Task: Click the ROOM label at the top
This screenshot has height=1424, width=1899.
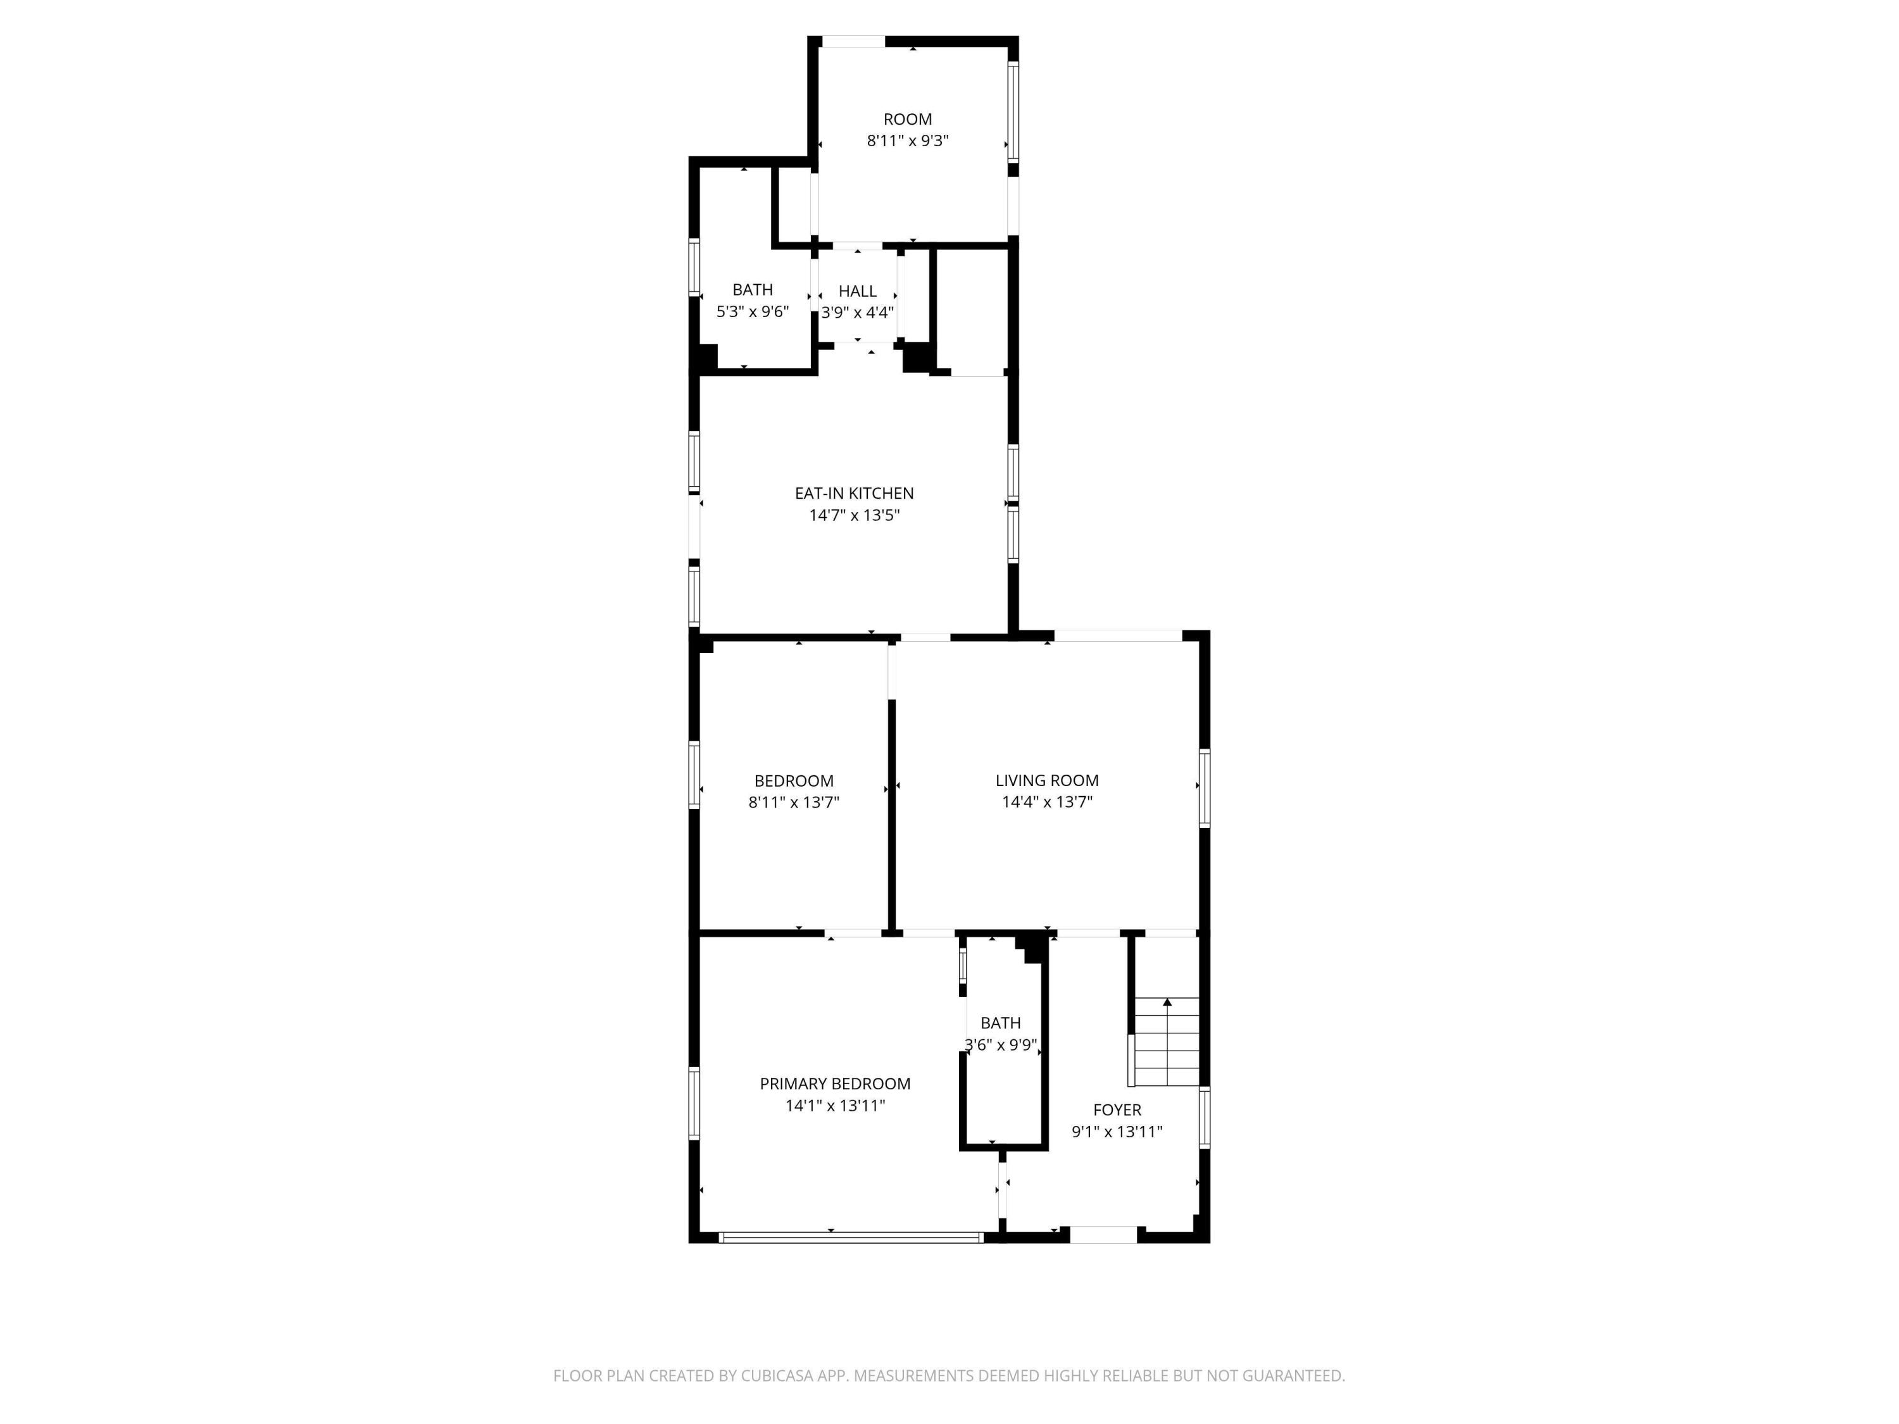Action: pos(908,120)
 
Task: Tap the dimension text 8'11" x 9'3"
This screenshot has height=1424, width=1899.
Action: pos(908,141)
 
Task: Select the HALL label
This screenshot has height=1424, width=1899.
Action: pos(858,291)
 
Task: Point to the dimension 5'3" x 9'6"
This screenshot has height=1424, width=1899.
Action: pos(752,311)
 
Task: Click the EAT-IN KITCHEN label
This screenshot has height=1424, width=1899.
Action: pos(854,494)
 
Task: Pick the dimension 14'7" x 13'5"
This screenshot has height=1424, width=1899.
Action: pos(854,515)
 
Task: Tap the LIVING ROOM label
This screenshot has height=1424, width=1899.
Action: pos(1046,780)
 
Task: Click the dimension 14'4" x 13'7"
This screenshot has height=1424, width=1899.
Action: pos(1046,802)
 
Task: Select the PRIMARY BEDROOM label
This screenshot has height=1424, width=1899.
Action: pos(834,1084)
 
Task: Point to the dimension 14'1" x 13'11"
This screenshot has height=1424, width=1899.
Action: pos(834,1106)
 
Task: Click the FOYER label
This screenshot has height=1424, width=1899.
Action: pos(1117,1110)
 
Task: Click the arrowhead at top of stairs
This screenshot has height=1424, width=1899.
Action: pos(1167,1002)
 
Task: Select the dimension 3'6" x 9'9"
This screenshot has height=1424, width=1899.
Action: pos(1001,1046)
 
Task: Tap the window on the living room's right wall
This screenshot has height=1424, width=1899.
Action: pos(1205,788)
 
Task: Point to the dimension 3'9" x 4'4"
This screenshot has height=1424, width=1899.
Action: pos(858,313)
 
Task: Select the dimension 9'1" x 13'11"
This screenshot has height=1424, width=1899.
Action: pos(1117,1132)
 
